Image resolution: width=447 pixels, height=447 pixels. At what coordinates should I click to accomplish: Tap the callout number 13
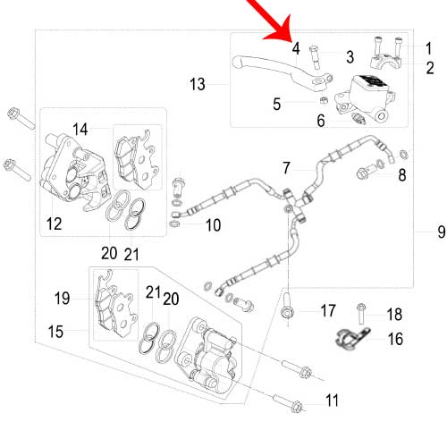point(198,84)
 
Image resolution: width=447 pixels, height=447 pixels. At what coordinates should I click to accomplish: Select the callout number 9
point(442,232)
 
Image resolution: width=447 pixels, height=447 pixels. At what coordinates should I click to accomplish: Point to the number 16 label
point(395,339)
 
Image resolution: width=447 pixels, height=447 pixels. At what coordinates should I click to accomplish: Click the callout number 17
point(328,310)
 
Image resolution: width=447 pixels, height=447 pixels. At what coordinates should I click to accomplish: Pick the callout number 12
point(55,223)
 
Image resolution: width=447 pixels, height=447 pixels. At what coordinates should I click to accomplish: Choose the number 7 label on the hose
point(287,168)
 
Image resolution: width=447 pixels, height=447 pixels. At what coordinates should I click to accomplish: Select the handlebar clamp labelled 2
point(386,61)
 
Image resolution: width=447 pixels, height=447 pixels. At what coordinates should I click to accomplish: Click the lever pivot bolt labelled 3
point(315,57)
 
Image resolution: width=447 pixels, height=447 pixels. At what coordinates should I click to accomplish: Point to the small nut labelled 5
point(323,100)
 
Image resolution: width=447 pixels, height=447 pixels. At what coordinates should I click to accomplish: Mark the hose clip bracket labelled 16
point(351,338)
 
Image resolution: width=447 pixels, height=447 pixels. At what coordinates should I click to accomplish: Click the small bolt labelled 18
point(361,314)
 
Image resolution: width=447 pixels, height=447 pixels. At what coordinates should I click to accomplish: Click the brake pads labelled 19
point(114,304)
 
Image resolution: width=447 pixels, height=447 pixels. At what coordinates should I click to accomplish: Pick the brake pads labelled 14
point(138,158)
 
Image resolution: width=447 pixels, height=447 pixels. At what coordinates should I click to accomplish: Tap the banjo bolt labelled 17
point(287,306)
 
